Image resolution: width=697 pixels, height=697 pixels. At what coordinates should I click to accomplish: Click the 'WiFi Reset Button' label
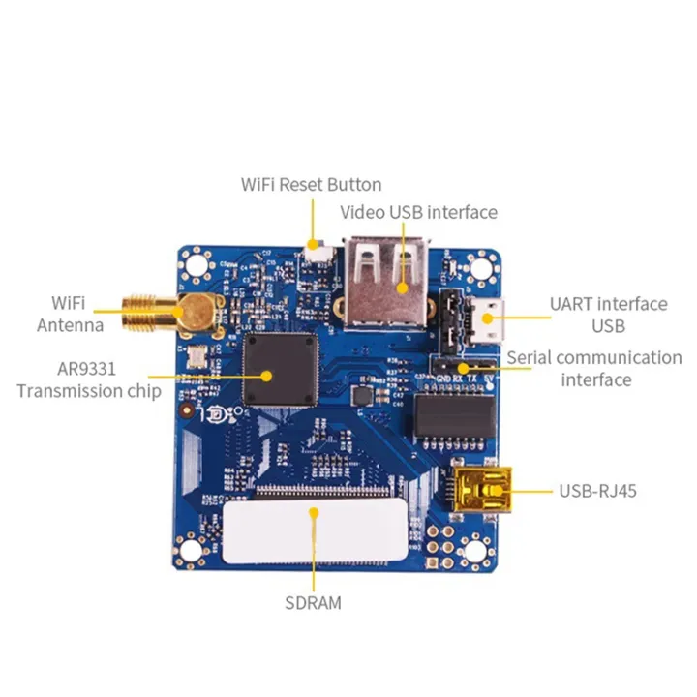click(x=311, y=184)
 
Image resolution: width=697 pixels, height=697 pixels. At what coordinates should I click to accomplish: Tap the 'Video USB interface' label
click(x=418, y=212)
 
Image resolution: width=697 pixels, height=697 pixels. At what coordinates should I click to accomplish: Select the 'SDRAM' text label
click(x=313, y=603)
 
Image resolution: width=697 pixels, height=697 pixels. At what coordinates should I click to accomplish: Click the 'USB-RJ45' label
click(x=597, y=491)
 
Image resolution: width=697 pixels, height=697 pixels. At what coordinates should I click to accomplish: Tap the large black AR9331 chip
click(x=281, y=370)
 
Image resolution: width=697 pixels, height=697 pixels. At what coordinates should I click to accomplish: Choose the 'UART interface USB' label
click(x=608, y=314)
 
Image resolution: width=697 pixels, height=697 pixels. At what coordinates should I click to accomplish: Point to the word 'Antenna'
click(x=70, y=325)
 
